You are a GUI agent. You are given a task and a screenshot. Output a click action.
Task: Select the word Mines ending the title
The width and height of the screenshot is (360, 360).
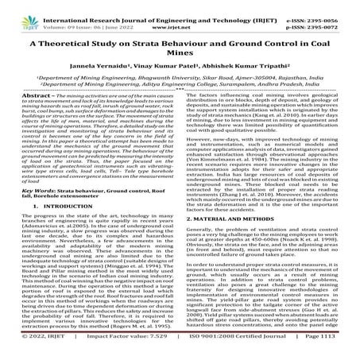pyautogui.click(x=180, y=56)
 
